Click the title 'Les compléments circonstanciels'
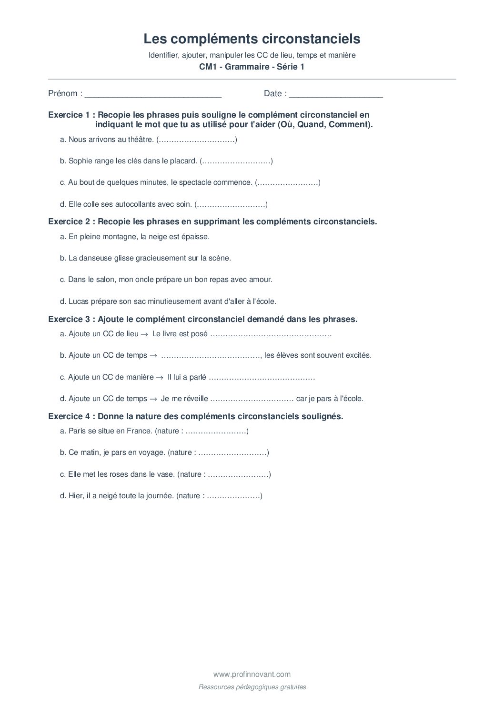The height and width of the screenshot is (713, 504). point(252,39)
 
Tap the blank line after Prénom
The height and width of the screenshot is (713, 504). point(153,94)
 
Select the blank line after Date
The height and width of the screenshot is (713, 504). point(336,94)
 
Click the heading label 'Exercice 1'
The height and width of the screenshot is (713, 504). point(69,115)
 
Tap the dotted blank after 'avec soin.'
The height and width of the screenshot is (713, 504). point(231,204)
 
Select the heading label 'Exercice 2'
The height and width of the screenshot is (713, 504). point(69,221)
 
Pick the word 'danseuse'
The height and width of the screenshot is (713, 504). point(97,258)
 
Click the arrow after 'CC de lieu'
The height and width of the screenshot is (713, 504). point(144,334)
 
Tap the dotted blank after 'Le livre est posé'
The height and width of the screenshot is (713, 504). point(271,334)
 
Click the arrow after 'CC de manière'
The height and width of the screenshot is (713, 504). point(160,377)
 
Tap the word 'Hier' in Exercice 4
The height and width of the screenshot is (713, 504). point(76,496)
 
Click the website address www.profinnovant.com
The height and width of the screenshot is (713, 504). point(252,674)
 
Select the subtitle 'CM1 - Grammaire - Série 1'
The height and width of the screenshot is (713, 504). point(252,67)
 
